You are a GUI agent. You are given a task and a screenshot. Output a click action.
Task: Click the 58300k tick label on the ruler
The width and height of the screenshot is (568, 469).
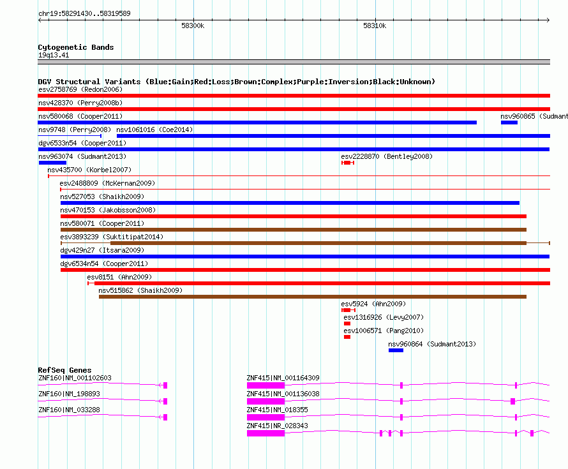[x=193, y=26]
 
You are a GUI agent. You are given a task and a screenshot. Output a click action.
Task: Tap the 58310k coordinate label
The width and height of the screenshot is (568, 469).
[x=375, y=26]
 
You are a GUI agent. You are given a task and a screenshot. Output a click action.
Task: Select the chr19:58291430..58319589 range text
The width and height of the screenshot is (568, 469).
[x=84, y=13]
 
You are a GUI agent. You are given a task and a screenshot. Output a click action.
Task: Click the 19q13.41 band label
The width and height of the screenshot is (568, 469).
[x=54, y=55]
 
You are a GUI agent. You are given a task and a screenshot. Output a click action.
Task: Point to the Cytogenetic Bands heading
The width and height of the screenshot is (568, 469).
[x=76, y=47]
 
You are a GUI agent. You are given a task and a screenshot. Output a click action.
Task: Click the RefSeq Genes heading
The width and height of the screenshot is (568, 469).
[x=64, y=370]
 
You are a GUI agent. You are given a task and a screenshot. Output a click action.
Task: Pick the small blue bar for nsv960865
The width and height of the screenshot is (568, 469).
[x=509, y=123]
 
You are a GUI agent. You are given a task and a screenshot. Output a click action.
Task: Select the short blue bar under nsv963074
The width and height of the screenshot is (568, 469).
[x=52, y=163]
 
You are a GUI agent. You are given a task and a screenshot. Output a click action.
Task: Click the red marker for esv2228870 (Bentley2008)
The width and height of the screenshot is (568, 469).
[x=347, y=163]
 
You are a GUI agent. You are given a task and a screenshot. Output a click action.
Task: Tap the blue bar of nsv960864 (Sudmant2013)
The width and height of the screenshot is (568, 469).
[x=396, y=350]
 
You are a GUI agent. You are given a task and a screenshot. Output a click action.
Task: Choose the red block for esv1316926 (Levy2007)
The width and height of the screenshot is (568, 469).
[x=347, y=324]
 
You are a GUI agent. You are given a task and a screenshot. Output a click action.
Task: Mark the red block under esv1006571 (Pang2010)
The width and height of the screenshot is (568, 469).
[x=347, y=337]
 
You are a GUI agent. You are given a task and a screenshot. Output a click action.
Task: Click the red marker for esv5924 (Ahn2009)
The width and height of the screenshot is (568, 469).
[x=348, y=310]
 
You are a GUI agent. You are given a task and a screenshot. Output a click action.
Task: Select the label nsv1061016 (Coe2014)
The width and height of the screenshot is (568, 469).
[x=154, y=130]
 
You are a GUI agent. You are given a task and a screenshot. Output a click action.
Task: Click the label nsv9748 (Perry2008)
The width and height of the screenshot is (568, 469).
[x=75, y=130]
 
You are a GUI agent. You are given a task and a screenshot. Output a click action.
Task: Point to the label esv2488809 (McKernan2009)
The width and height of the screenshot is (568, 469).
[x=107, y=183]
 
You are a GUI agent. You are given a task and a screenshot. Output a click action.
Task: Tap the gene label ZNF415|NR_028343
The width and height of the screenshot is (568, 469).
[x=277, y=426]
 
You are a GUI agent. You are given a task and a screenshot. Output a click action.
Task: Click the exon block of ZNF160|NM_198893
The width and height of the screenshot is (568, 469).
[x=165, y=401]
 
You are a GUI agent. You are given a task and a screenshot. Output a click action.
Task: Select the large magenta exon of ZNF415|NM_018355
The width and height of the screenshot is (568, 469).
[x=265, y=417]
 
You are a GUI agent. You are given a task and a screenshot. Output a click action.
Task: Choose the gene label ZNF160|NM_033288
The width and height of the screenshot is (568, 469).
[x=69, y=410]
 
